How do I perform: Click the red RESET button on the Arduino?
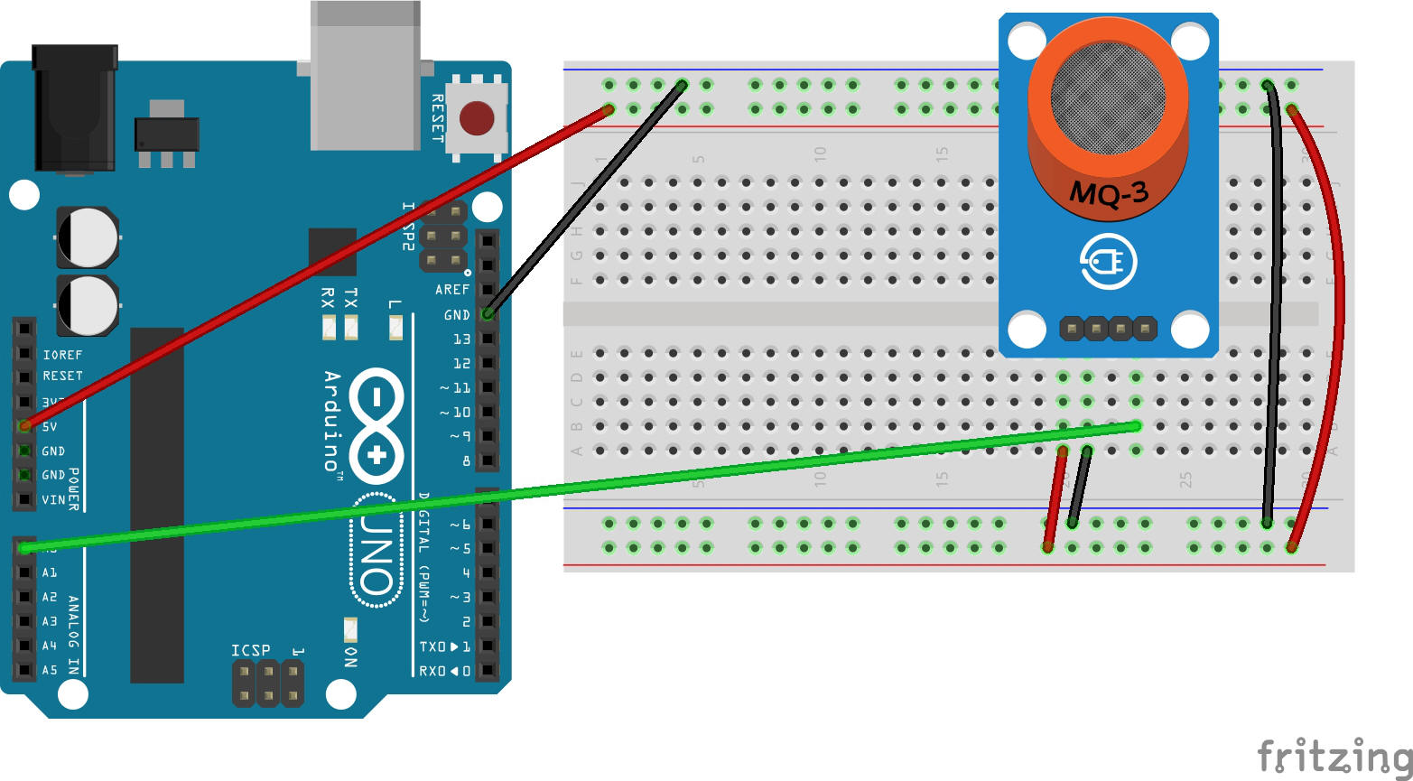pos(476,117)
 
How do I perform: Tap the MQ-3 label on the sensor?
pos(1108,192)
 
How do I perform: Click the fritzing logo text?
pos(1334,755)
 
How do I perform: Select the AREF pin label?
pos(452,290)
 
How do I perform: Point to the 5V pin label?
pos(50,426)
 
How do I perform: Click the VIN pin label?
pos(53,499)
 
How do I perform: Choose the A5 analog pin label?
pos(50,670)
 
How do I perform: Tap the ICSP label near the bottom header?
pos(250,651)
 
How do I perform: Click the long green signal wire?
pos(578,487)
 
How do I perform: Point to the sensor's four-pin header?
pos(1108,327)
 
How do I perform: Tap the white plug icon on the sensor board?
pos(1108,263)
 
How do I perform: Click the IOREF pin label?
pos(62,355)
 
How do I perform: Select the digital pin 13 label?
pos(461,339)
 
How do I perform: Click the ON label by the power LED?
pos(350,656)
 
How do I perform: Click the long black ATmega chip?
pos(157,506)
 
